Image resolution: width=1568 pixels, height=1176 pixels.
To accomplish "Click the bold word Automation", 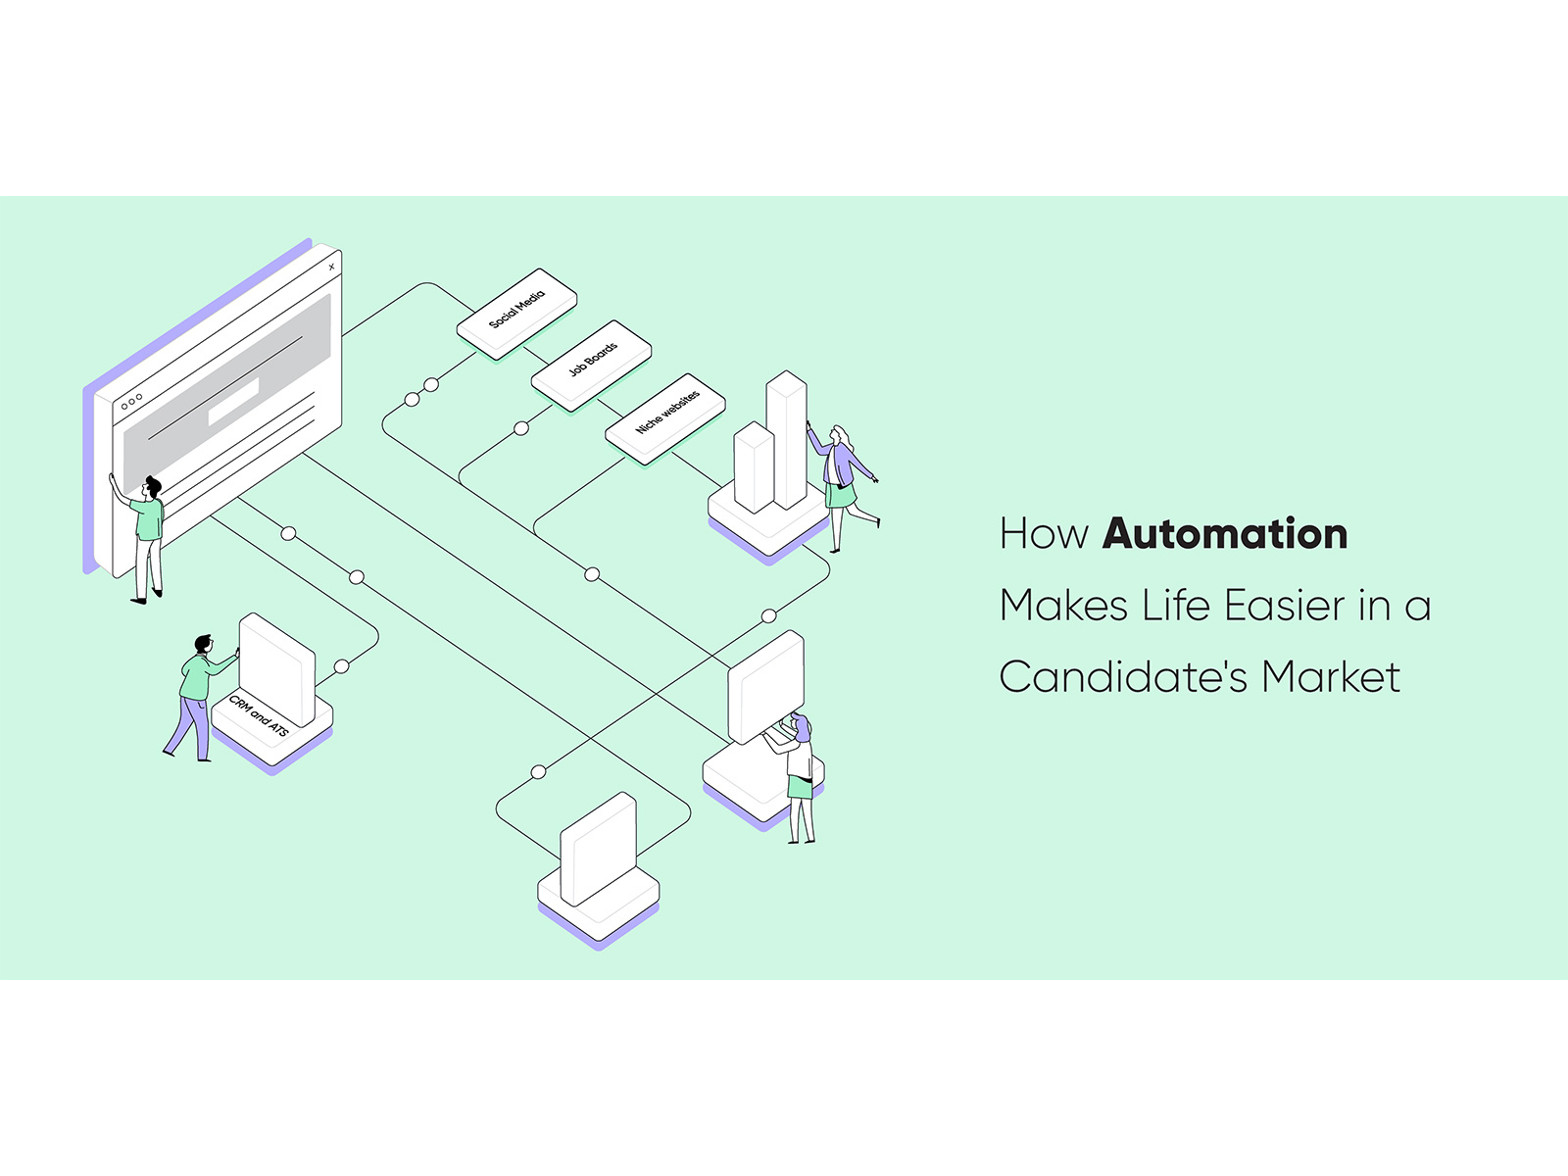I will [1225, 534].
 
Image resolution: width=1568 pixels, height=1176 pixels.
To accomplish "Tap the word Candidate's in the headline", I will [1122, 677].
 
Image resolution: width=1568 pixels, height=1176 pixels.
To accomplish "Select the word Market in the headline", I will [1331, 677].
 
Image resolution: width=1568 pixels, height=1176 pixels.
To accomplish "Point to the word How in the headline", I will [1044, 534].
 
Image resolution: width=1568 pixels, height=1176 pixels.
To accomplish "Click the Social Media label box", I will [516, 311].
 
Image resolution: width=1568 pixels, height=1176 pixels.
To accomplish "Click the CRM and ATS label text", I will [259, 717].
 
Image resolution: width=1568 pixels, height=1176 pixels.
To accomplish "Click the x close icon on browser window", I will [332, 267].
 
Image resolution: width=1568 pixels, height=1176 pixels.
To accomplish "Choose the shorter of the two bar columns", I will [754, 467].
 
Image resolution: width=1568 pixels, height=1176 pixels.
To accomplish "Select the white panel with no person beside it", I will [598, 849].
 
